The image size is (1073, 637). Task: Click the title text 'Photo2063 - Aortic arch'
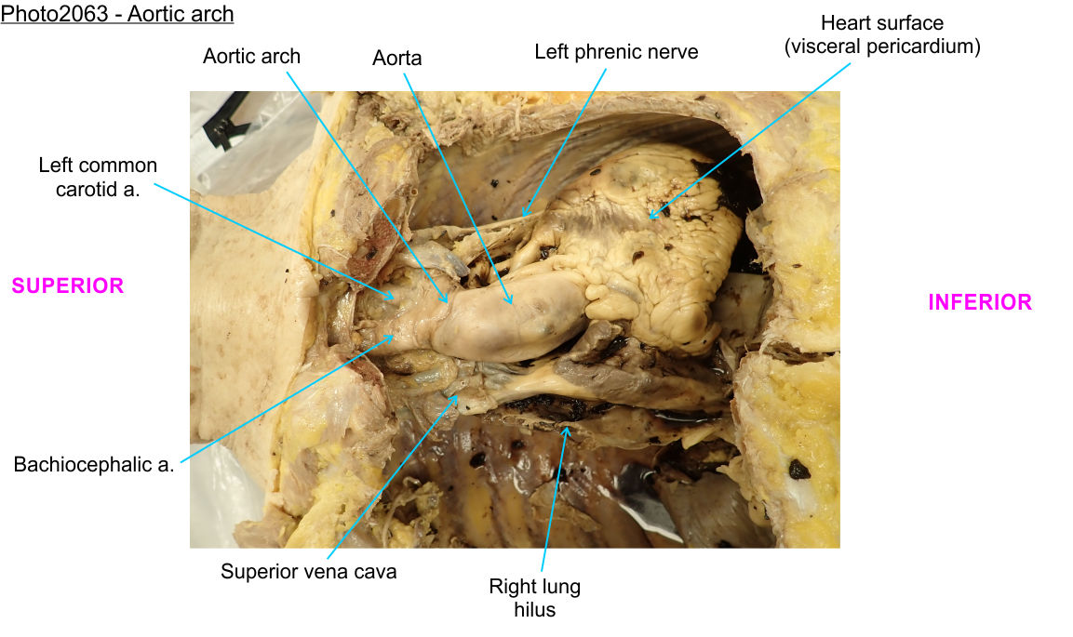(117, 15)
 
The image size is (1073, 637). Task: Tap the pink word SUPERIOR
(67, 285)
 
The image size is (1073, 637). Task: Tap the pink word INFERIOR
(980, 302)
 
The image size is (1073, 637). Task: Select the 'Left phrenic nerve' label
(616, 52)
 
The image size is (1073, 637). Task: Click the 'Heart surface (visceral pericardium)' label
(881, 34)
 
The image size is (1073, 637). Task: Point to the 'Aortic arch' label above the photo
(251, 56)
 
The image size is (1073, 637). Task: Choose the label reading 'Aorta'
(397, 58)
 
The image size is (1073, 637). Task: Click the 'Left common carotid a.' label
(98, 177)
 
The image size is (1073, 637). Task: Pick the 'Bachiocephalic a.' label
(94, 465)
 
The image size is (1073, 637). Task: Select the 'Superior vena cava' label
(308, 571)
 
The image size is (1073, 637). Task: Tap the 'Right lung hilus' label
(534, 598)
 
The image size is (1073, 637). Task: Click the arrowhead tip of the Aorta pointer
(511, 304)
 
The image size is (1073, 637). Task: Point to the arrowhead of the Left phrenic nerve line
(523, 217)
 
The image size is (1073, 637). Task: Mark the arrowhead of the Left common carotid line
(396, 299)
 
